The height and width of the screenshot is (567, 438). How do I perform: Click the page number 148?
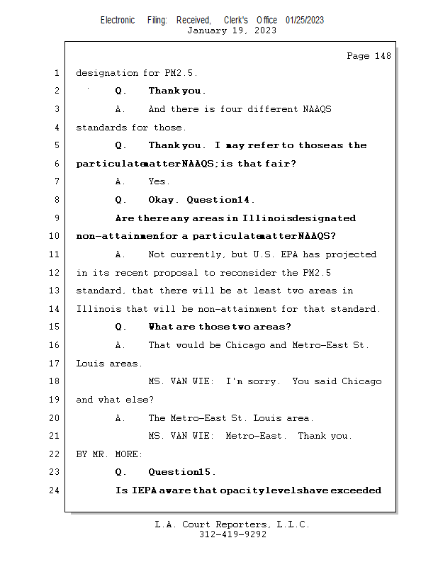point(383,57)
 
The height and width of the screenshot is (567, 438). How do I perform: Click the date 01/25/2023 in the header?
point(305,20)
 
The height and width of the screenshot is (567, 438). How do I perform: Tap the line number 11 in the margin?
point(55,254)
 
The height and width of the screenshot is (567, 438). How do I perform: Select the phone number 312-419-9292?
point(232,535)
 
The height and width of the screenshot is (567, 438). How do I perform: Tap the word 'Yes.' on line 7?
point(159,182)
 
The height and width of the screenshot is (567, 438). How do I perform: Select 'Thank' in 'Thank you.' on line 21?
point(312,436)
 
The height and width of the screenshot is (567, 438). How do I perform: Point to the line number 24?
point(55,490)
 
